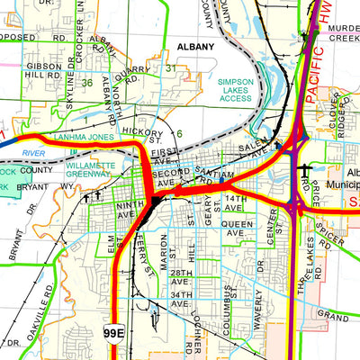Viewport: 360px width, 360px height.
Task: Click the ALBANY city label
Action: coord(195,46)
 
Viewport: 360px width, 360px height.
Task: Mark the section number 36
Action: coord(86,84)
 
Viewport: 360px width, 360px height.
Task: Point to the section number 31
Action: coord(171,67)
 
